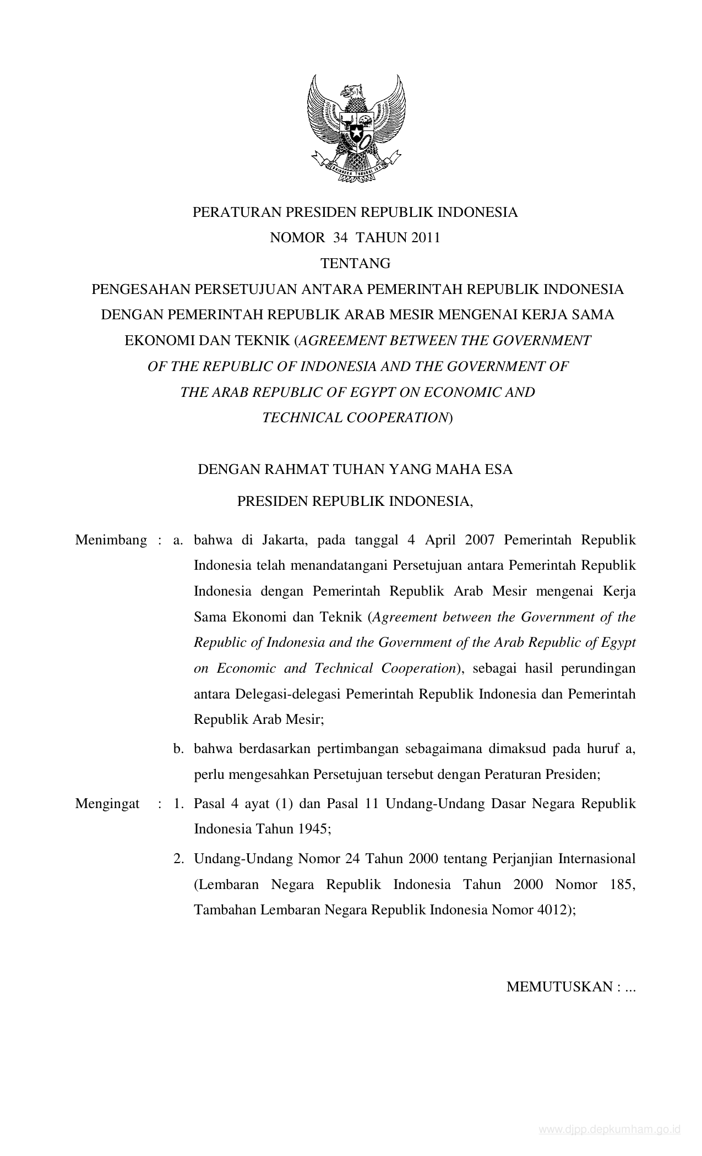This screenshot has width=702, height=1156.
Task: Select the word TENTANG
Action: point(355,263)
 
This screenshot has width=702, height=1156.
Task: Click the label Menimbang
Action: point(111,540)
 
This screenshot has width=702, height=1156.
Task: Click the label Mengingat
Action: point(107,804)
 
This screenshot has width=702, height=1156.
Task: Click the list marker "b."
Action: point(178,749)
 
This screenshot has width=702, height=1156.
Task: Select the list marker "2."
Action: point(178,859)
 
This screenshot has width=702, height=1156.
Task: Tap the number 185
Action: point(622,885)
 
